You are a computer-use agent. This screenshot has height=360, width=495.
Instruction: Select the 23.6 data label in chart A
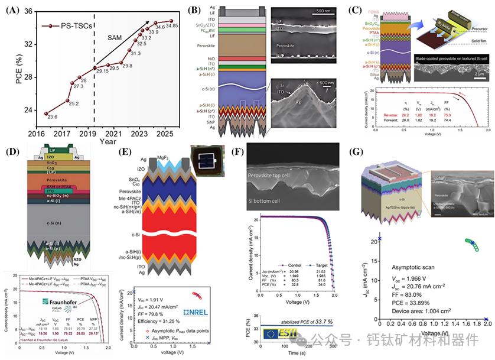52,117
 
